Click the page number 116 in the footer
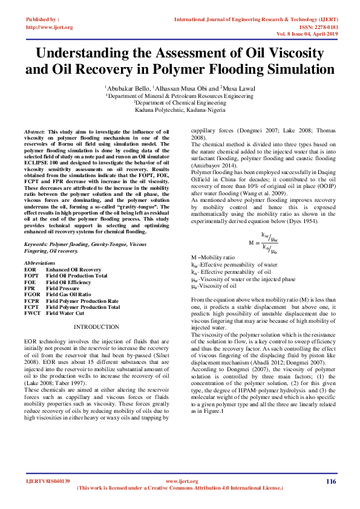(330, 481)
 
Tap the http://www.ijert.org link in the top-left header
(50, 27)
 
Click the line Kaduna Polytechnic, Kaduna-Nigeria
(180, 110)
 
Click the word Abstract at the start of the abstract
(34, 131)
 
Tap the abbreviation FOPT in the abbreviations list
(31, 276)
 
